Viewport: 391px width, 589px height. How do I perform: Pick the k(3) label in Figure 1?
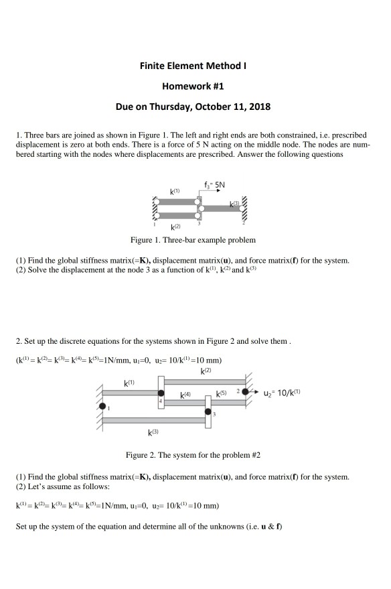click(x=234, y=202)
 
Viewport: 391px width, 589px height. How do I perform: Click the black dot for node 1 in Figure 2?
click(x=102, y=406)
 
